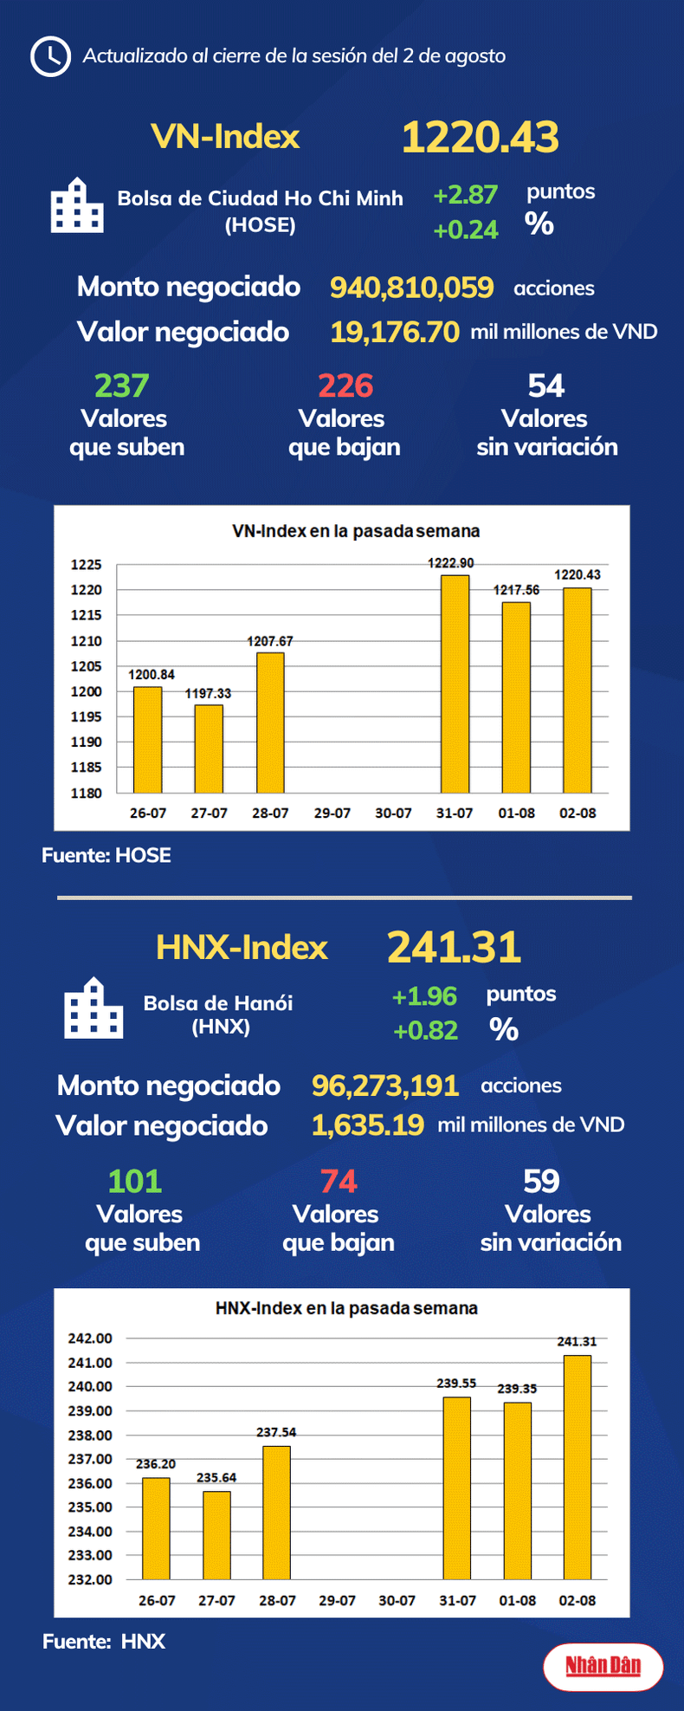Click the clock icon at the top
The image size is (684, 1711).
point(50,56)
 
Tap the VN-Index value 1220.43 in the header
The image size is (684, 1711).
point(481,137)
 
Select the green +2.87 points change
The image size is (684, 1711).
point(466,194)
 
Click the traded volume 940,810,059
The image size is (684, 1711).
point(411,288)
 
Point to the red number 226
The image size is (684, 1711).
point(345,386)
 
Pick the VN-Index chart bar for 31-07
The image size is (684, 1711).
point(455,684)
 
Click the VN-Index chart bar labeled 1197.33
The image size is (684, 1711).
point(209,749)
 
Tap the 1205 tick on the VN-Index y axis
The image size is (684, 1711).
point(87,666)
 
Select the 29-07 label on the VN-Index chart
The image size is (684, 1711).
point(332,813)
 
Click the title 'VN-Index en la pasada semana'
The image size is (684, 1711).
point(356,531)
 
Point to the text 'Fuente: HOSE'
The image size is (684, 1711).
point(106,855)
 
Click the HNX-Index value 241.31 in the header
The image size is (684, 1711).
point(454,947)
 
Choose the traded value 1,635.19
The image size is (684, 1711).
point(368,1124)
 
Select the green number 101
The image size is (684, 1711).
point(134,1181)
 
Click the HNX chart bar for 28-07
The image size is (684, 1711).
point(277,1513)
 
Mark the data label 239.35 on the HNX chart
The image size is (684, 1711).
point(517,1389)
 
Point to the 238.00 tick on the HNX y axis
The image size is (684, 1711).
point(90,1436)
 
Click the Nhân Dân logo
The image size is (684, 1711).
point(603,1666)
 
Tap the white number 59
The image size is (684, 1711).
point(542,1181)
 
